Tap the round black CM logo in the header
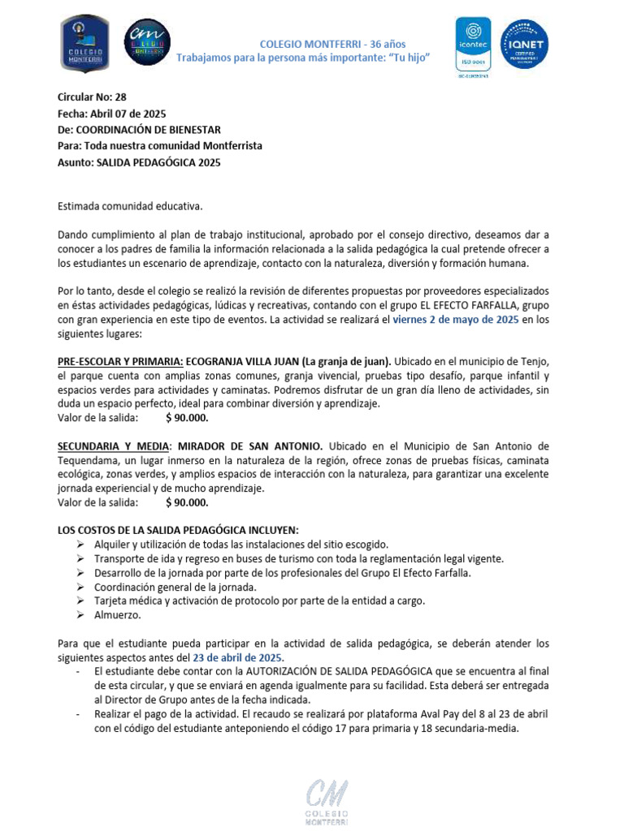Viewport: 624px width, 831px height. point(147,42)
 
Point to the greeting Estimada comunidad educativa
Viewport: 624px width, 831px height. point(130,207)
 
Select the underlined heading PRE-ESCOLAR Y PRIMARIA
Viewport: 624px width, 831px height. point(120,360)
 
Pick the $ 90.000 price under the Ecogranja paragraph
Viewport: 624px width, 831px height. point(187,418)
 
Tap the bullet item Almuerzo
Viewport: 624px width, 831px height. point(118,615)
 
